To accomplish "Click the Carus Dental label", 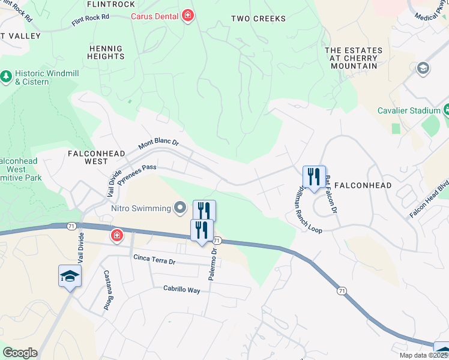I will (x=156, y=16).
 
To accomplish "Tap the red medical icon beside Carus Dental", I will (x=187, y=15).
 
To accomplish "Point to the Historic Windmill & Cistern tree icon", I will (x=6, y=76).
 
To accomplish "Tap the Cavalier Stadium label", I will (x=409, y=110).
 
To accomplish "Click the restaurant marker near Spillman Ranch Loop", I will (x=314, y=178).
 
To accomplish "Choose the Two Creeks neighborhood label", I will (x=259, y=19).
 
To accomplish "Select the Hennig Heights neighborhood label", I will (x=106, y=52).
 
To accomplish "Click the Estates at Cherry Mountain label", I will (x=353, y=58).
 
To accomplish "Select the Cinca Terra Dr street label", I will (x=154, y=261).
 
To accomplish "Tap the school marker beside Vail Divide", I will (x=70, y=277).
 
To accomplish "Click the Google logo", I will (x=20, y=353).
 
